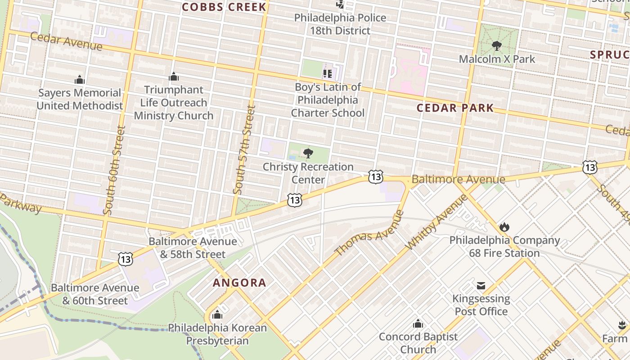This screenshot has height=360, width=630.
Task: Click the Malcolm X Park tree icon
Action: tap(497, 45)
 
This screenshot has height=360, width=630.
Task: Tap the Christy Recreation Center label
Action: tap(308, 173)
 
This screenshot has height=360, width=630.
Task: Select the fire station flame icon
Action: tap(504, 227)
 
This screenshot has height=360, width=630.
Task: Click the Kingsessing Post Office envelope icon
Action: tap(481, 285)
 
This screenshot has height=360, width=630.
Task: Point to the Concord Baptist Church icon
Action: tap(418, 324)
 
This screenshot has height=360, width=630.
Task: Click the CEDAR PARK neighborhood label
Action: tap(455, 108)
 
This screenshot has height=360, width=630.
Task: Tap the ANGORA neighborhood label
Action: tap(239, 283)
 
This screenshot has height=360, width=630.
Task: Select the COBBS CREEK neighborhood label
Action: tap(224, 7)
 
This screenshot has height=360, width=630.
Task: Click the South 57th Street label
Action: tap(244, 150)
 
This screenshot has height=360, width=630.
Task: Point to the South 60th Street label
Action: tap(114, 170)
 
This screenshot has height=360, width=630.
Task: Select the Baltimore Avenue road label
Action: tap(458, 180)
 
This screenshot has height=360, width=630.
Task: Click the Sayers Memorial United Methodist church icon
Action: tap(80, 80)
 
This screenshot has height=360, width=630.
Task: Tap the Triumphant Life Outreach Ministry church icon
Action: tap(174, 77)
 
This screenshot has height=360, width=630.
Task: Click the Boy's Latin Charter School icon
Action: tap(328, 73)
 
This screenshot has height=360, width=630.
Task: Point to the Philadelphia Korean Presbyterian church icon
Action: tap(217, 314)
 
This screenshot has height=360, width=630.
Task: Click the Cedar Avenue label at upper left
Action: tap(66, 41)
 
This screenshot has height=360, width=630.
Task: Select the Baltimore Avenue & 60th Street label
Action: tap(95, 294)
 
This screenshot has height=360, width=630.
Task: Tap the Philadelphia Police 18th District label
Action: tap(340, 24)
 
